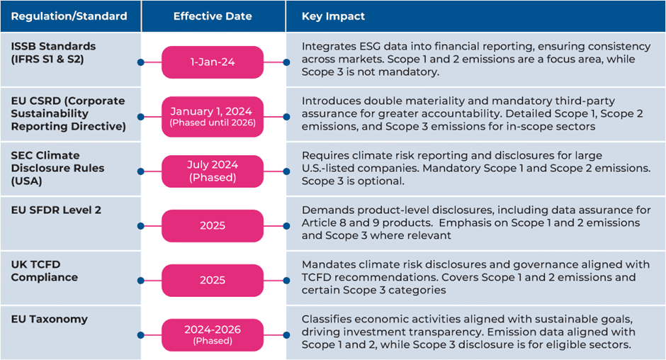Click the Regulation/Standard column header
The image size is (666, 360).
tap(69, 16)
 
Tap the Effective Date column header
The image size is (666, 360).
tap(213, 16)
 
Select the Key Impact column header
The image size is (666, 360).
tap(334, 16)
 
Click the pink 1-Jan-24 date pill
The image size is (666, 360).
tap(213, 62)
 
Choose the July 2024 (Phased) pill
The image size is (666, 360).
tap(213, 171)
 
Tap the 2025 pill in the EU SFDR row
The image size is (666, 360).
tap(213, 226)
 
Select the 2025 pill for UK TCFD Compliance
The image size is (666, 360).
tap(213, 281)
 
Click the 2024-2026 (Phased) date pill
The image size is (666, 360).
tap(213, 335)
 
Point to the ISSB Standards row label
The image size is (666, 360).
tap(53, 52)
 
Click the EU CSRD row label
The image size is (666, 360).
tap(68, 113)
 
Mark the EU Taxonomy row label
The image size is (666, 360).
tap(50, 319)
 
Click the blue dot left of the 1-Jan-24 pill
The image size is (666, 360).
tap(140, 62)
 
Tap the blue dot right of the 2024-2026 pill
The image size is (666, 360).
tap(286, 335)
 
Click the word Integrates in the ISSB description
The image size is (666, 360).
tap(327, 46)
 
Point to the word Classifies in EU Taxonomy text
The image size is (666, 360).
tap(326, 319)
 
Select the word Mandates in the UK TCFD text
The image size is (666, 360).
tap(325, 264)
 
